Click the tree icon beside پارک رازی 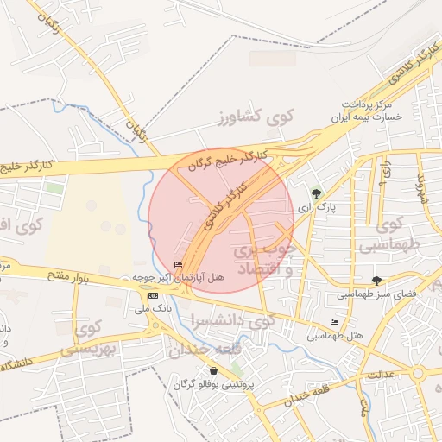tap(316, 193)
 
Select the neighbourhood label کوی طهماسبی tap(400, 234)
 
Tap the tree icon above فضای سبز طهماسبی tap(376, 280)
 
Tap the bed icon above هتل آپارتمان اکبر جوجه tap(179, 264)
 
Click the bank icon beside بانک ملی tap(153, 295)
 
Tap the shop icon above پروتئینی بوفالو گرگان tap(213, 370)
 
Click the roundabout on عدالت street tap(419, 374)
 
